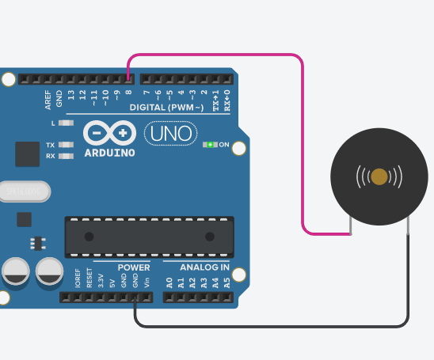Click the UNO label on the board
[x=170, y=134]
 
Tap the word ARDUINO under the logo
[x=109, y=152]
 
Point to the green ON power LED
[x=211, y=145]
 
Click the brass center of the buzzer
[x=379, y=176]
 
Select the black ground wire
[x=269, y=325]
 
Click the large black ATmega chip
[x=149, y=236]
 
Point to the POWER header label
[x=133, y=267]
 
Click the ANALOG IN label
[x=199, y=267]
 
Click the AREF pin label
[x=48, y=98]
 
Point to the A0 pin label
[x=169, y=282]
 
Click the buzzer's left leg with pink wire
[x=350, y=226]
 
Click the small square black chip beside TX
[x=27, y=154]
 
